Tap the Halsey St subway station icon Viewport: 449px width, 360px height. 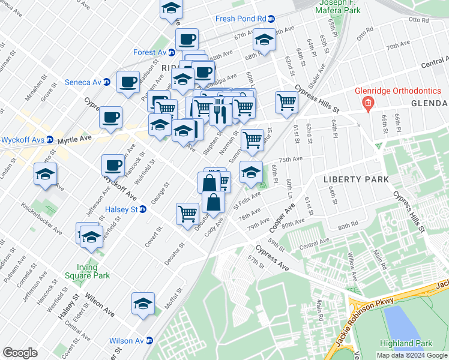(x=143, y=209)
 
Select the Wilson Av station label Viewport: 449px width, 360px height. (x=126, y=341)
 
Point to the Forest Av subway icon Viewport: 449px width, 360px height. (x=171, y=53)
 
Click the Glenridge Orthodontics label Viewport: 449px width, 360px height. (x=410, y=91)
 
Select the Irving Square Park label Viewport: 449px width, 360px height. (x=93, y=271)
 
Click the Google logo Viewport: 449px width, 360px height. (x=20, y=353)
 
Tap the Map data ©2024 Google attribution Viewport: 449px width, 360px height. (x=412, y=355)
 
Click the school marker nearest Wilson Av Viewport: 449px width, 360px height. (x=143, y=304)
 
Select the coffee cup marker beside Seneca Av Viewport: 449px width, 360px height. (x=127, y=82)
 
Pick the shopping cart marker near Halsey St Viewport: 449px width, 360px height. (x=188, y=212)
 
